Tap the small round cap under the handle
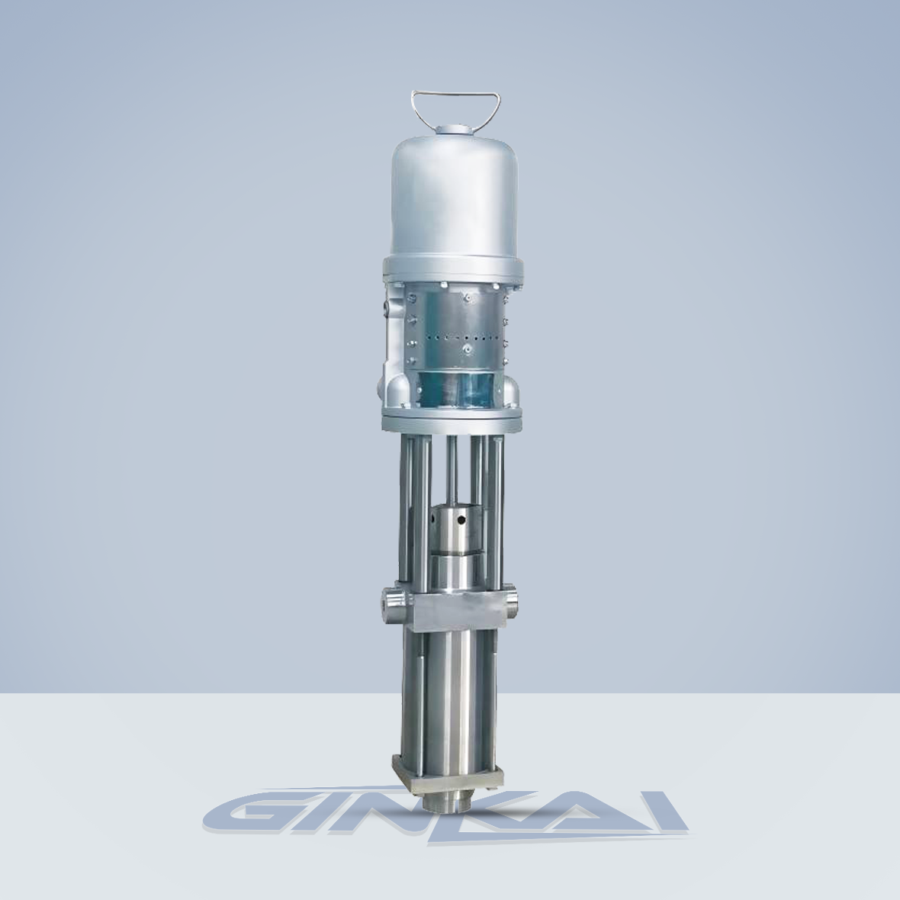454,131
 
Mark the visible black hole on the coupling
461,521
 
